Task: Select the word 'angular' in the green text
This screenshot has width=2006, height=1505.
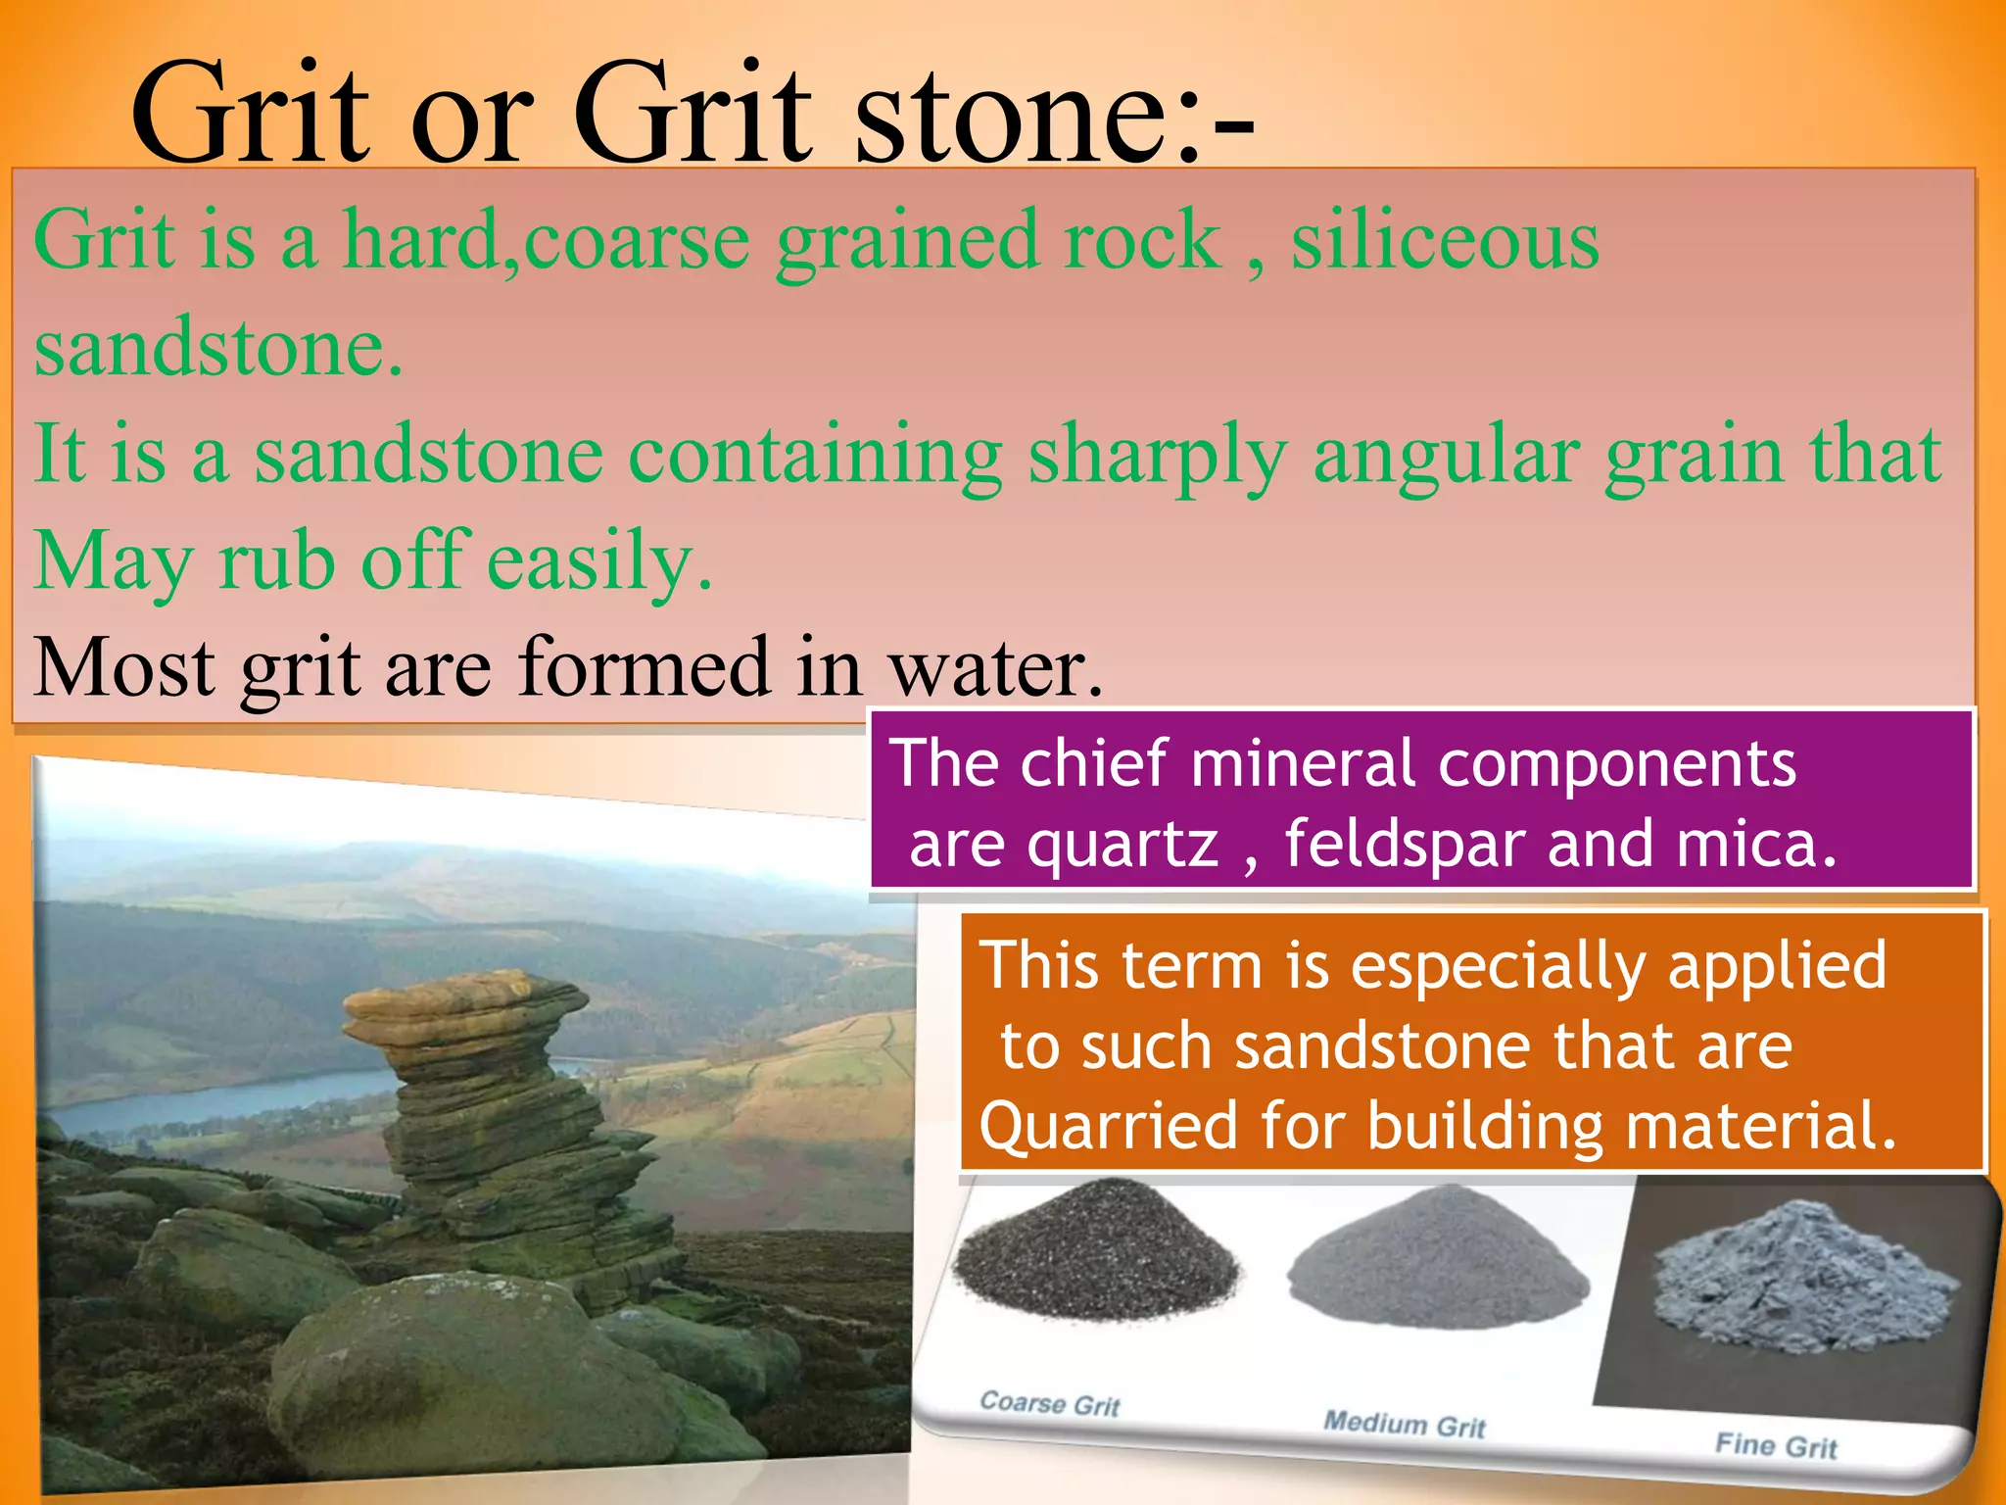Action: click(x=1445, y=456)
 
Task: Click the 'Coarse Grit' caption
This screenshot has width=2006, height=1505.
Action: click(x=1049, y=1404)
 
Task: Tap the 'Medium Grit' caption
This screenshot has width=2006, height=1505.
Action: click(x=1405, y=1423)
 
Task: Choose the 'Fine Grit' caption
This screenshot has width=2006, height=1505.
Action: click(x=1776, y=1445)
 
